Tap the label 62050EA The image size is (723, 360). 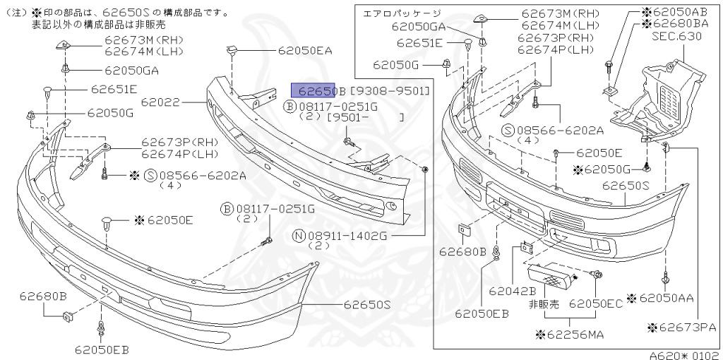[304, 51]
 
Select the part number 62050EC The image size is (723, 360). [596, 304]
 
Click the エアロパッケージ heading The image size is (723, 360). [401, 13]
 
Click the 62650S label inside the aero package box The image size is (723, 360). [625, 186]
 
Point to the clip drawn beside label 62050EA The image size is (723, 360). [231, 50]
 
